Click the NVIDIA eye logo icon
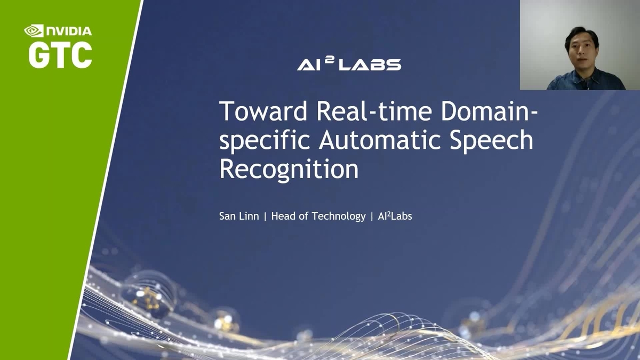[x=34, y=31]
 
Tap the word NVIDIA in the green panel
[x=69, y=31]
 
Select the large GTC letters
[x=60, y=55]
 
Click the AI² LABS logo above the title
[x=349, y=63]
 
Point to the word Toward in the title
[x=263, y=111]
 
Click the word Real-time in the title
[x=374, y=111]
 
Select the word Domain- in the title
[x=490, y=111]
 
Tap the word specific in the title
[x=265, y=141]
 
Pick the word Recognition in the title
[x=289, y=169]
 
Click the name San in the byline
[x=227, y=217]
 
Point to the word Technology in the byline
[x=339, y=217]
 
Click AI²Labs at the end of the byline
[x=395, y=217]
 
